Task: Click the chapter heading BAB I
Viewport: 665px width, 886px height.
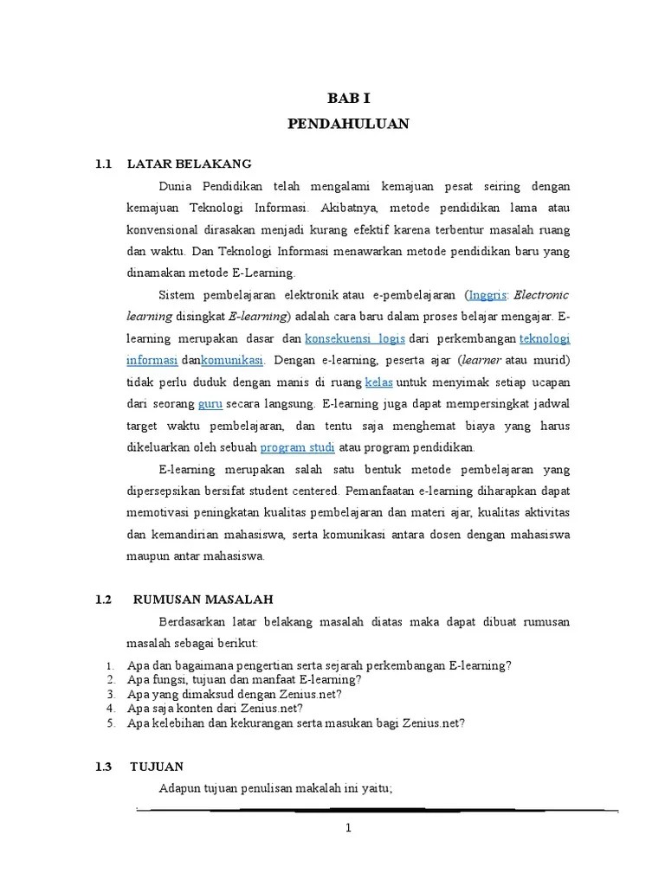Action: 347,100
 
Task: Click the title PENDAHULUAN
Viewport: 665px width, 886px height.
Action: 347,125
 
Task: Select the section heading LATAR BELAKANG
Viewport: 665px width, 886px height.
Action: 189,163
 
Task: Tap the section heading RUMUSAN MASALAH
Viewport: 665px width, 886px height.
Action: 203,599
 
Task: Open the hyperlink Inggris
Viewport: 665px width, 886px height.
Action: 487,294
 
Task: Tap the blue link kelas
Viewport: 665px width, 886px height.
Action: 374,382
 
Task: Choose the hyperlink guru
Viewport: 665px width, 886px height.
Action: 210,403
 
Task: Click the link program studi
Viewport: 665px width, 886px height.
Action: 297,447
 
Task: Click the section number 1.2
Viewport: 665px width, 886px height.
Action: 105,599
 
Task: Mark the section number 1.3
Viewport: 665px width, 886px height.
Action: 105,767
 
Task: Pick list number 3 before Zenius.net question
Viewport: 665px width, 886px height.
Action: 110,694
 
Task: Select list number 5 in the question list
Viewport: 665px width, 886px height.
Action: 110,723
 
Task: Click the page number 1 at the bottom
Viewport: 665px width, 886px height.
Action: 348,828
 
